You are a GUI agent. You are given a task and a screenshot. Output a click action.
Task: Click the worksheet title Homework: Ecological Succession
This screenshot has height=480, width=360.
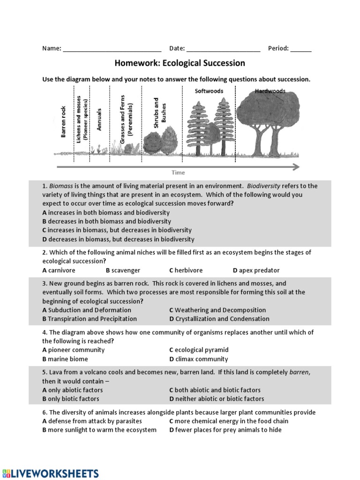click(180, 63)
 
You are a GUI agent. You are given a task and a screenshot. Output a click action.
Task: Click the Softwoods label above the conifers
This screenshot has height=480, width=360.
click(209, 91)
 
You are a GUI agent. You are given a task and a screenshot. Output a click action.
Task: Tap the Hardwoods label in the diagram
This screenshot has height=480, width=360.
click(270, 91)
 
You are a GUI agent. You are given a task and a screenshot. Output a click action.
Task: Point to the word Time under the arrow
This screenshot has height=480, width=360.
click(178, 172)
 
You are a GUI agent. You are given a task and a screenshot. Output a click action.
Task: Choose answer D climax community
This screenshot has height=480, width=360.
click(199, 359)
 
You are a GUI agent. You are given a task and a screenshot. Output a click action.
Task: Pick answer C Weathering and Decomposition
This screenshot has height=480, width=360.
click(217, 310)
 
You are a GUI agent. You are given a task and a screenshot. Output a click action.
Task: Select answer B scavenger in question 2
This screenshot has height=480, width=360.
click(123, 270)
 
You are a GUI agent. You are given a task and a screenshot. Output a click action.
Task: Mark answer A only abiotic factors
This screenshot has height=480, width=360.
click(73, 390)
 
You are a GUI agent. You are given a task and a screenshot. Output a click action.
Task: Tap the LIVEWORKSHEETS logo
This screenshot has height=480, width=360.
click(50, 472)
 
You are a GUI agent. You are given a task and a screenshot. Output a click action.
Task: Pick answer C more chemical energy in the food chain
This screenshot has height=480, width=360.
click(229, 421)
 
